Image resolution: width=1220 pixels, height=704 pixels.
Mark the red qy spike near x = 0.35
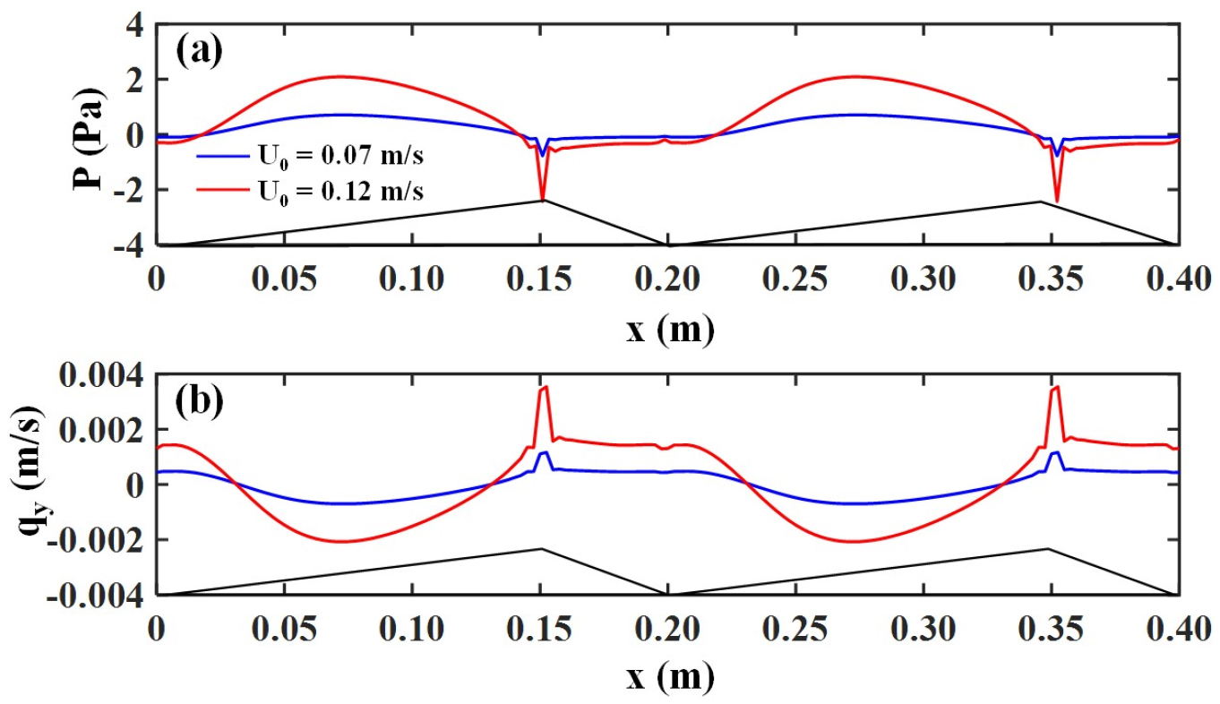point(1056,387)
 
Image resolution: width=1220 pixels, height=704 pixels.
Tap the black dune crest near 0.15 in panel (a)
point(542,201)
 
